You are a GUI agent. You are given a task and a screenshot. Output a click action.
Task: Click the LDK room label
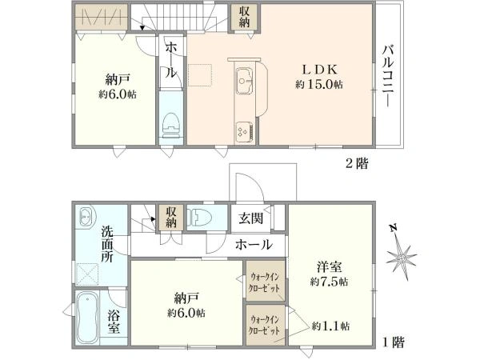click(319, 70)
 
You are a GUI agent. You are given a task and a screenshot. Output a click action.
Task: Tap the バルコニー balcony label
click(388, 76)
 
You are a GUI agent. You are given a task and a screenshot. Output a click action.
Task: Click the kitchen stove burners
click(244, 132)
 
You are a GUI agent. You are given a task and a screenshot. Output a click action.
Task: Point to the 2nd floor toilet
click(171, 126)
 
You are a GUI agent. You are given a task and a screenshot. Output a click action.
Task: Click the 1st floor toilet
click(199, 218)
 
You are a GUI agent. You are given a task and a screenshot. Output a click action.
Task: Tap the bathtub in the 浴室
click(87, 317)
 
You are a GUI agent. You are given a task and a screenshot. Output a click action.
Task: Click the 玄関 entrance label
click(250, 218)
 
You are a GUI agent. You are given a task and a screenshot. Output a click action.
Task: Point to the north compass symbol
click(401, 253)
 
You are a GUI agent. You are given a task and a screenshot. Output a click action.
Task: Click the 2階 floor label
click(357, 163)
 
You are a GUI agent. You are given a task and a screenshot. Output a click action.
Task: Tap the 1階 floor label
click(394, 342)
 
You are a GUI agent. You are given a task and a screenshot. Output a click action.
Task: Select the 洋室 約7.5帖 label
click(329, 274)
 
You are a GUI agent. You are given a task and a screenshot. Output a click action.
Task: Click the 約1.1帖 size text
click(330, 326)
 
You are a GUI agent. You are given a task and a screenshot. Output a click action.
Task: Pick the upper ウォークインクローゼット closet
click(266, 281)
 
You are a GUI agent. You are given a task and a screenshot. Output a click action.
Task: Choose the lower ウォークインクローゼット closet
click(266, 325)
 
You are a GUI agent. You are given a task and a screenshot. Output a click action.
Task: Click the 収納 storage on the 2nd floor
click(244, 16)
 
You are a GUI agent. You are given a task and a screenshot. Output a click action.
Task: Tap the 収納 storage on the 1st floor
click(171, 218)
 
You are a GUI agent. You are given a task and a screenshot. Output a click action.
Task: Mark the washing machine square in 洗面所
click(87, 274)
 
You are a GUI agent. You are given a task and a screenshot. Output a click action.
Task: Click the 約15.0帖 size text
click(319, 84)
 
